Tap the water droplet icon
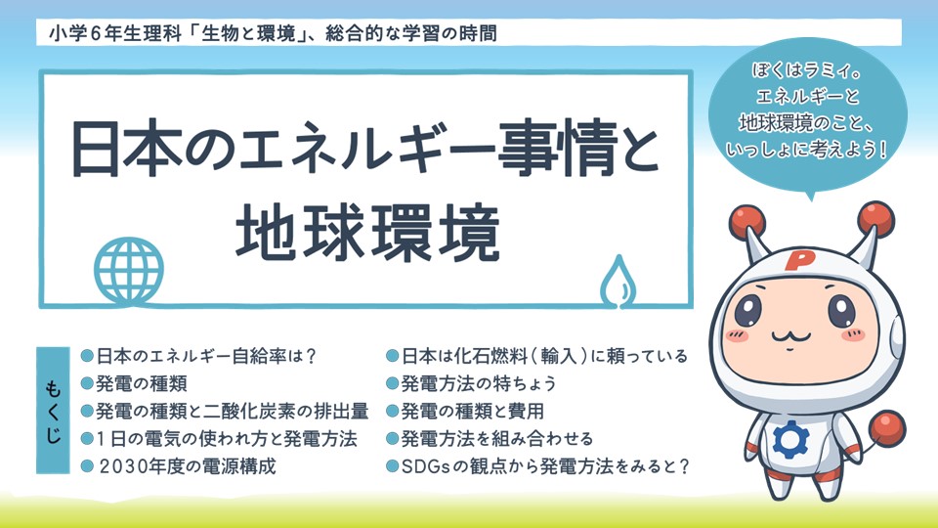(618, 282)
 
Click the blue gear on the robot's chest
(790, 439)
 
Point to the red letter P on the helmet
(797, 260)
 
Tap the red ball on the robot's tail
(886, 428)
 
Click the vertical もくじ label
(53, 411)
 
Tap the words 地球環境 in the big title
(367, 233)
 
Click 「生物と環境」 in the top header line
(250, 33)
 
